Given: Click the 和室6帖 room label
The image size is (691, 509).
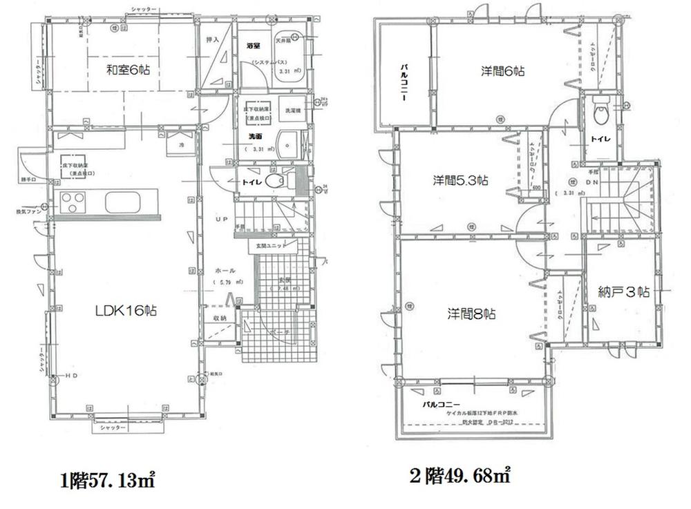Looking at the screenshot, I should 129,69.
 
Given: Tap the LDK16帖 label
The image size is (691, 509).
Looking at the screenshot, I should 126,311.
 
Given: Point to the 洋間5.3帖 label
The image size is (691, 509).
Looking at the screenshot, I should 461,181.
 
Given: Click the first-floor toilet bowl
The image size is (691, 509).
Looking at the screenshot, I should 276,181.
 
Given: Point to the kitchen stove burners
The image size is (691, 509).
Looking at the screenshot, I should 72,203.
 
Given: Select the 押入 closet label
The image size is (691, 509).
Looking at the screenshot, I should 213,41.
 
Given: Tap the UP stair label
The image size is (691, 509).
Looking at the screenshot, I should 221,219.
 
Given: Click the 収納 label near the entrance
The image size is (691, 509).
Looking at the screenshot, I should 220,318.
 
